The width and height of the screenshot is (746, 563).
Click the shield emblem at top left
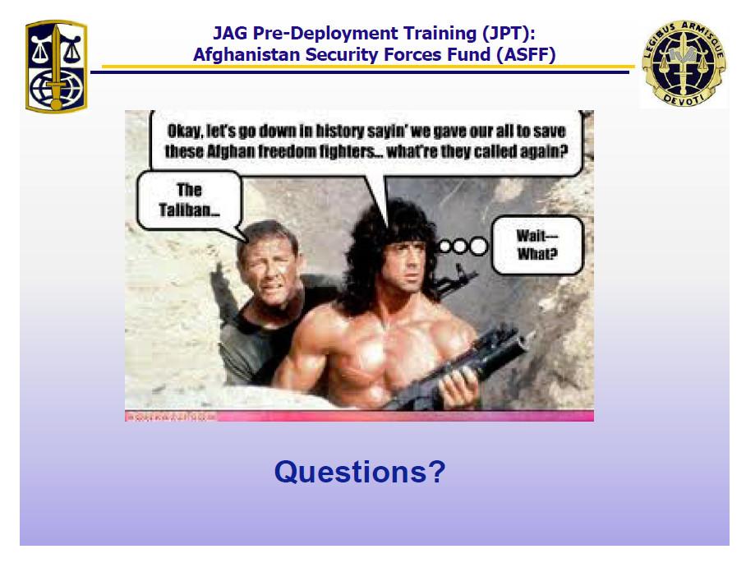[55, 66]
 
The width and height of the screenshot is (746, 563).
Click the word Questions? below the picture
[359, 472]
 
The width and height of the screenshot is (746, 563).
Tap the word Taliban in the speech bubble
[188, 211]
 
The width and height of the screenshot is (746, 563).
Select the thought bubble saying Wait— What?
[536, 245]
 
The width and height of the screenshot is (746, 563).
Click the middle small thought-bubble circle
[460, 245]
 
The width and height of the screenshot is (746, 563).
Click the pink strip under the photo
[359, 416]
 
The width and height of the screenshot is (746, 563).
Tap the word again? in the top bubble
[544, 152]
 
